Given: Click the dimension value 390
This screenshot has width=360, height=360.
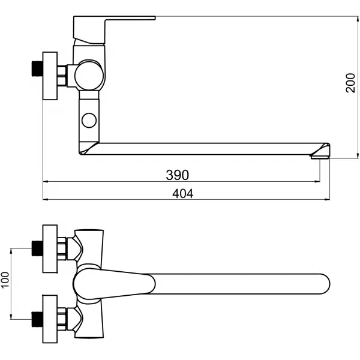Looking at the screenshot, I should [x=177, y=175].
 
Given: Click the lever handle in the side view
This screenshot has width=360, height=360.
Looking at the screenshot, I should [x=111, y=25].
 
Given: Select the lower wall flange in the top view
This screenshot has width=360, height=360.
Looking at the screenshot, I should [x=50, y=313].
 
